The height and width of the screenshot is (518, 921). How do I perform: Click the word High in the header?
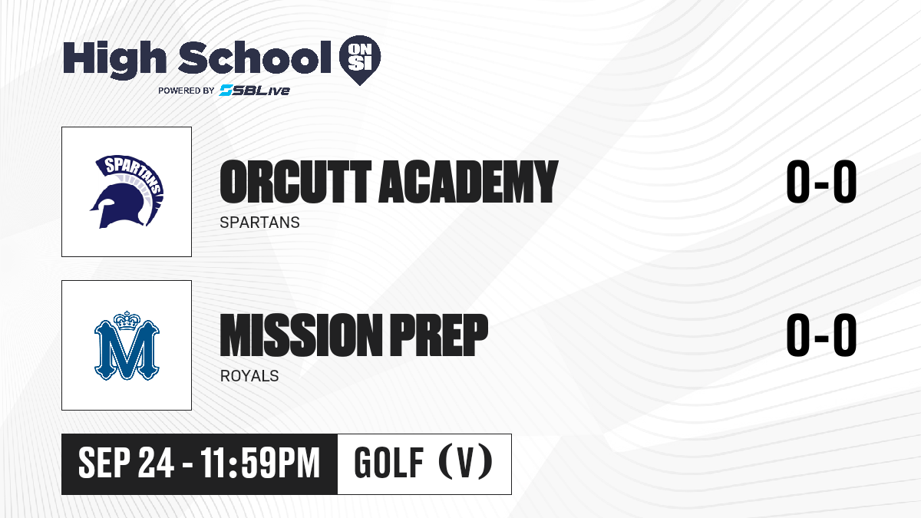tap(114, 59)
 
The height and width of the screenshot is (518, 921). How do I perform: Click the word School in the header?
tap(255, 58)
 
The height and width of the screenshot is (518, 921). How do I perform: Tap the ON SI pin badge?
tap(360, 60)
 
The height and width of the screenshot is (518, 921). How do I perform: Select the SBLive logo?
tap(254, 90)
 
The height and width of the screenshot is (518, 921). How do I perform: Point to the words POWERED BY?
tap(186, 91)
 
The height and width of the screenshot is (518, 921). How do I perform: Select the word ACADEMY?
tap(468, 181)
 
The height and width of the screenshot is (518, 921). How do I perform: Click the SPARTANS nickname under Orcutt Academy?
tap(260, 223)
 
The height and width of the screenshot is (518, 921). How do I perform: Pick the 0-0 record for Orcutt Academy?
tap(821, 181)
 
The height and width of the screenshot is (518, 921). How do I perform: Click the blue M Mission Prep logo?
tap(127, 345)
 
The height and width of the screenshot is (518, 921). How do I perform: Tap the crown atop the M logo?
tap(127, 321)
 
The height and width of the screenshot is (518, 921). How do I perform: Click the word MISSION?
tap(301, 335)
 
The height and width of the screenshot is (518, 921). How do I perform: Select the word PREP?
tap(439, 335)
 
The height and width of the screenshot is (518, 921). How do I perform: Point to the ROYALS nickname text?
tap(249, 376)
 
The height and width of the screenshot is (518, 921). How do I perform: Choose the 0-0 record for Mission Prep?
tap(821, 335)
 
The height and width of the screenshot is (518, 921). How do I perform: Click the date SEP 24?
tap(126, 463)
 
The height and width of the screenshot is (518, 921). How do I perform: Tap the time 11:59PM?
tap(260, 463)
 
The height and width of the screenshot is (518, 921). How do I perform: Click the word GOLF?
tap(389, 463)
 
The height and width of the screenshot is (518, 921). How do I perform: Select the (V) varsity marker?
tap(465, 462)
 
